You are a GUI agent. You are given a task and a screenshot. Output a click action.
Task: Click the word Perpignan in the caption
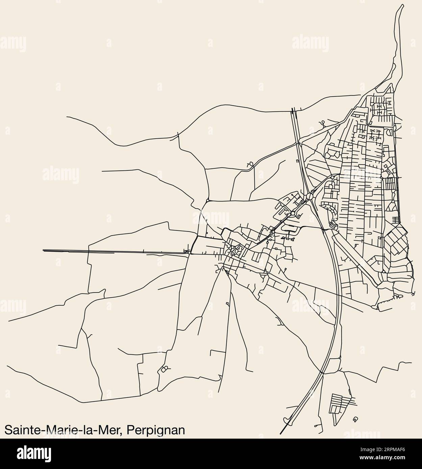coord(157,430)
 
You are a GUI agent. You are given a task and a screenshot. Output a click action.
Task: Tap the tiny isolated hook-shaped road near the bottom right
coord(355,419)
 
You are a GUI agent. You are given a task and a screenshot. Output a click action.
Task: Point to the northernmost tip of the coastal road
coord(403,5)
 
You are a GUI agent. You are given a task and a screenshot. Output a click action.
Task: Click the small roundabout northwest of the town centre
coord(207,201)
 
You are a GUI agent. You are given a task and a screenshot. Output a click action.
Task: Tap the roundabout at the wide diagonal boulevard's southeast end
coord(384,272)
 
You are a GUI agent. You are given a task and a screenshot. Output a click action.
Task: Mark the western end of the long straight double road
coord(43,250)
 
